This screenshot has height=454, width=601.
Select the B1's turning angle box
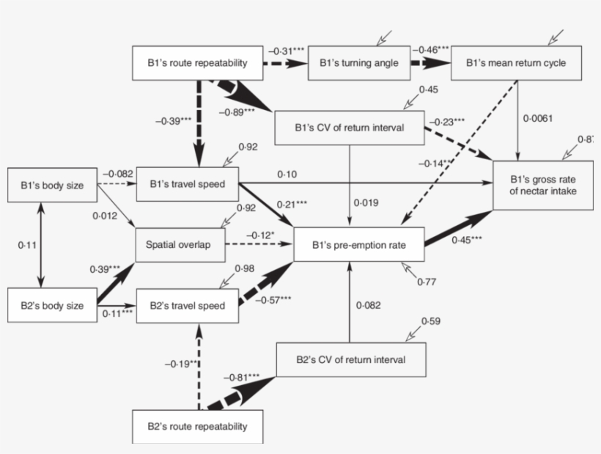[x=358, y=63]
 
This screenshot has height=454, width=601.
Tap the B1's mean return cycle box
[x=516, y=63]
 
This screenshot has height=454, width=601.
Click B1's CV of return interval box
[x=349, y=128]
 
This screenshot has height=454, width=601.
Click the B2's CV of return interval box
[x=350, y=359]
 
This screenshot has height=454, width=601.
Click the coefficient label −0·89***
[x=237, y=111]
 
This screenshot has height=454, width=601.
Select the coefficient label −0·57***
[x=274, y=299]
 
